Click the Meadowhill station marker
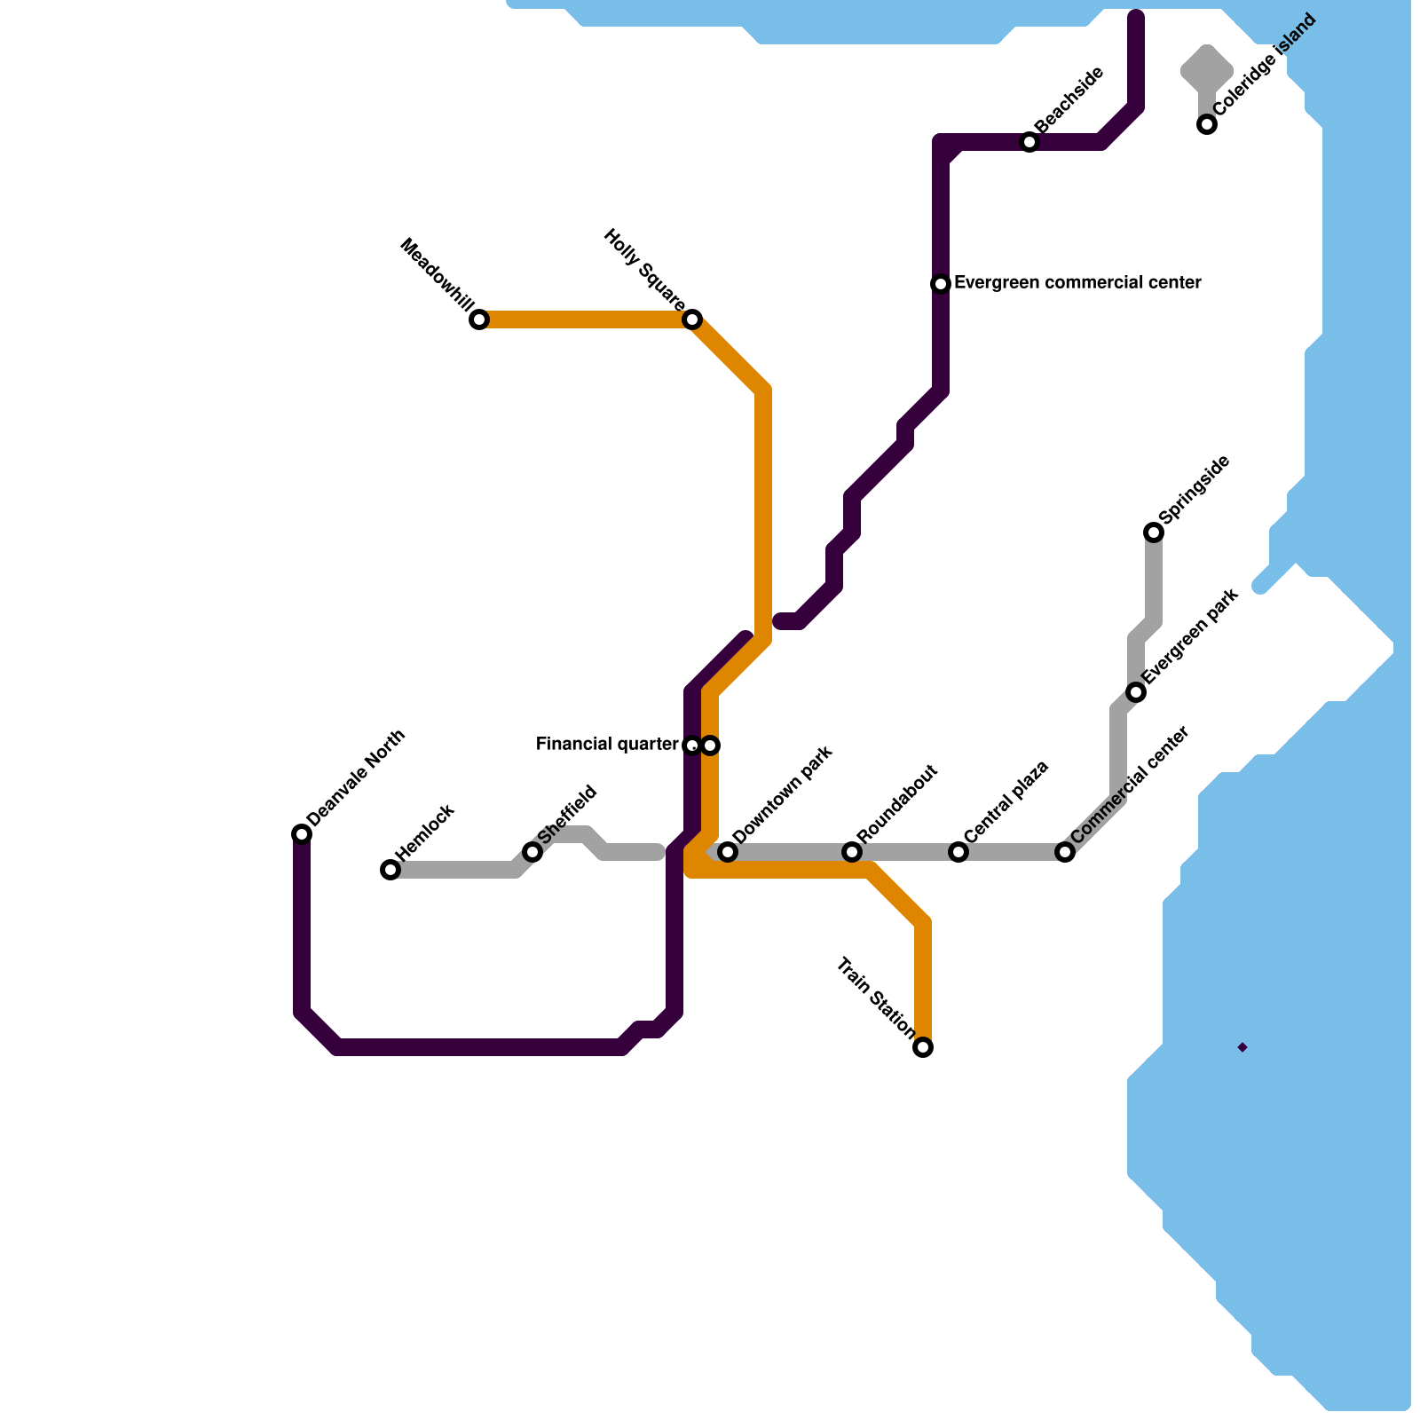point(479,319)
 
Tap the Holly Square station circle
point(692,319)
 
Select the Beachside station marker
point(1029,142)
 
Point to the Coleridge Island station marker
point(1207,124)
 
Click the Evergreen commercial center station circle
point(941,284)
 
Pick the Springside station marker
point(1154,532)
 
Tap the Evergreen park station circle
point(1136,692)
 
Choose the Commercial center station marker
point(1065,852)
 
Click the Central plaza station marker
point(958,852)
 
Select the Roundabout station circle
point(852,852)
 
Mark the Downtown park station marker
point(728,852)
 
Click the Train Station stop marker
point(923,1047)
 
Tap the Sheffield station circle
point(532,852)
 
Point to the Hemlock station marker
point(390,870)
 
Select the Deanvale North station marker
point(302,834)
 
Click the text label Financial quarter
point(607,745)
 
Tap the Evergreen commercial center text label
point(1077,283)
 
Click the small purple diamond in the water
point(1242,1047)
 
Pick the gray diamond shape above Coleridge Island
point(1207,67)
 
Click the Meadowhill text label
point(437,275)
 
